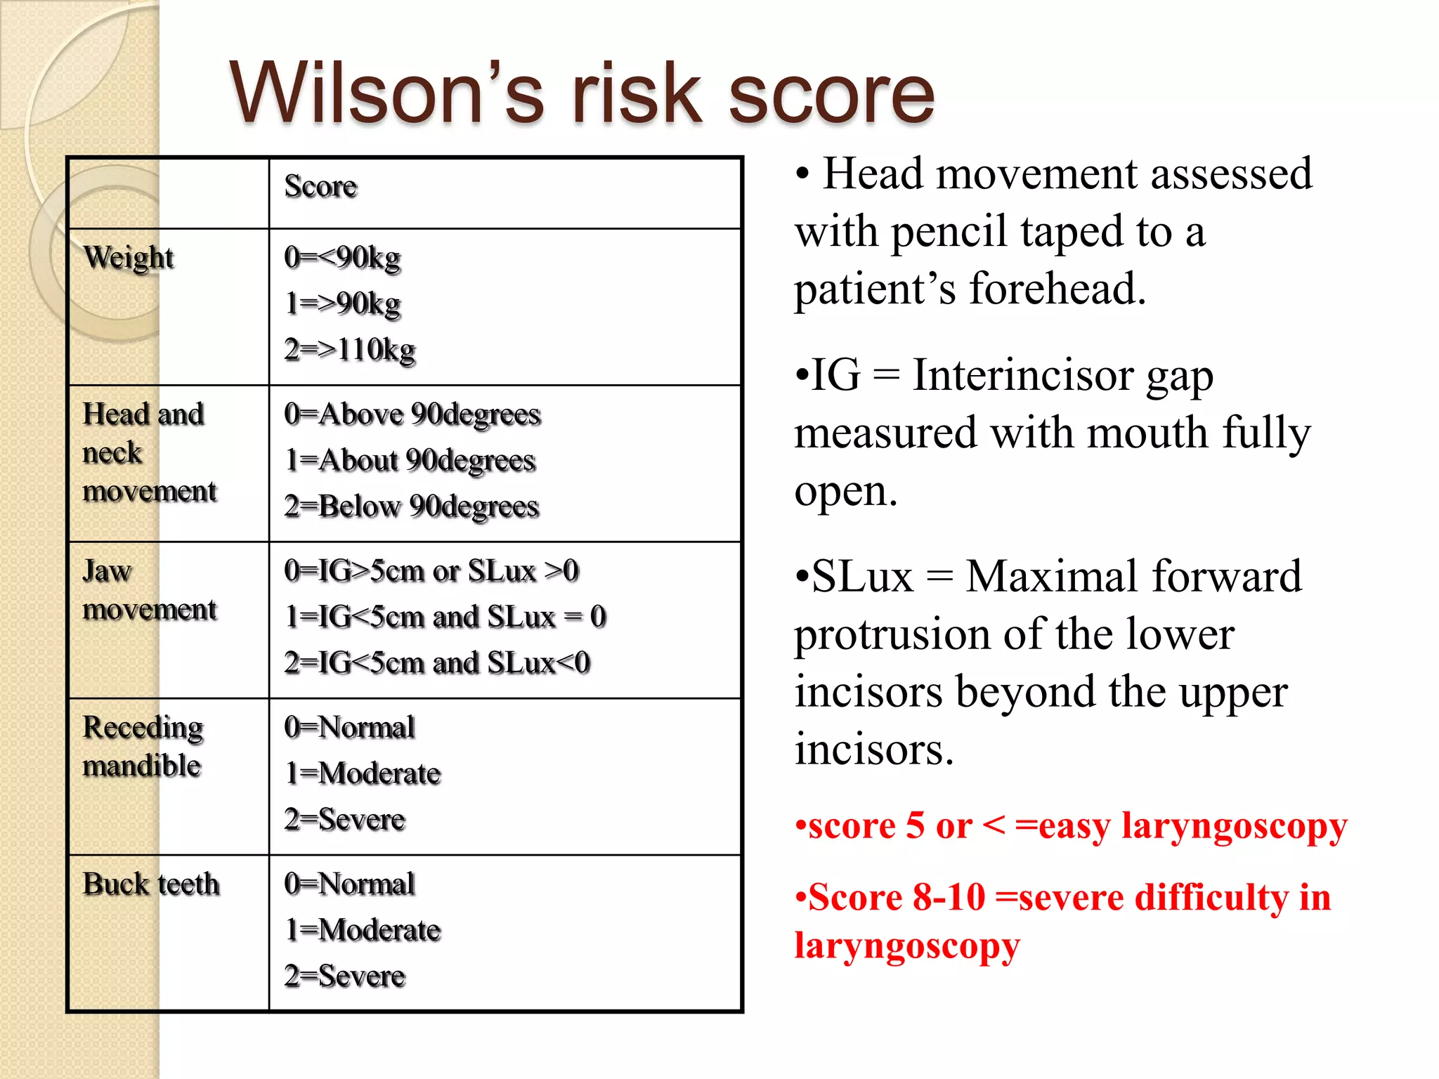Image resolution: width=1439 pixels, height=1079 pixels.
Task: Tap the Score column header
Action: click(x=320, y=187)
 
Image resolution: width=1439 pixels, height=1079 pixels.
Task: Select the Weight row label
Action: click(x=129, y=258)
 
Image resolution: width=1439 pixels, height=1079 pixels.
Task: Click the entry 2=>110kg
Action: click(x=350, y=349)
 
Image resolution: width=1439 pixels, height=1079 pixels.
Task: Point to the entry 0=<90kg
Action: click(x=342, y=258)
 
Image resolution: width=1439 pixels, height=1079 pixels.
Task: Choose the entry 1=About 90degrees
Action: click(x=410, y=461)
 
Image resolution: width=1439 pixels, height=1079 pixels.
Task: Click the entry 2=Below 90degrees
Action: click(x=412, y=506)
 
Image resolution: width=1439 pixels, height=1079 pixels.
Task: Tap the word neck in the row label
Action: click(x=112, y=453)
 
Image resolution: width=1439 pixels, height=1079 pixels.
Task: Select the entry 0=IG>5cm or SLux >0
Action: click(x=431, y=571)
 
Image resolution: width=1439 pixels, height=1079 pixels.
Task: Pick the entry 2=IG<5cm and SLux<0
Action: click(x=437, y=663)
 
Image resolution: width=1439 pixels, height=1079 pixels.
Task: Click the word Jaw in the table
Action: click(x=107, y=571)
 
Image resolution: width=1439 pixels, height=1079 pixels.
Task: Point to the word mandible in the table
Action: click(x=142, y=766)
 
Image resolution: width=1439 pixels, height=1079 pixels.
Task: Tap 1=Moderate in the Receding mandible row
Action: click(x=363, y=773)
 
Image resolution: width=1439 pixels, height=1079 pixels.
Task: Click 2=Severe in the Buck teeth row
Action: click(x=345, y=976)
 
